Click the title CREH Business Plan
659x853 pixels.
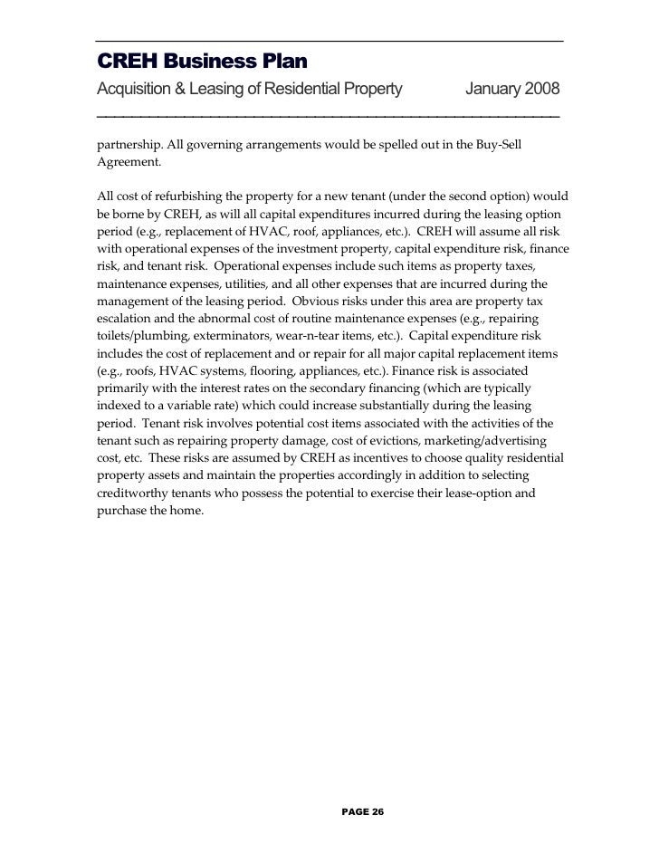(x=202, y=62)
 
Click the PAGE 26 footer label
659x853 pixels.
(x=363, y=812)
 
